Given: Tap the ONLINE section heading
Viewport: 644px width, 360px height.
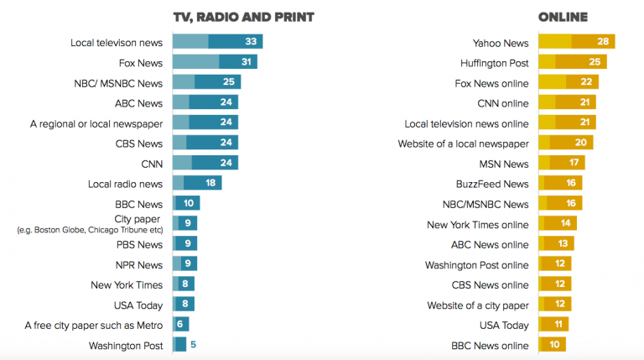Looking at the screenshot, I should point(563,17).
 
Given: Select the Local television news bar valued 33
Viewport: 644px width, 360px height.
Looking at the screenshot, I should point(218,41).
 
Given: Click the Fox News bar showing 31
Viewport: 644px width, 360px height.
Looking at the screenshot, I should point(215,62).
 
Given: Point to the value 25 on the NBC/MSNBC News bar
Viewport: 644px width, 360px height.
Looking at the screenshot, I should point(228,82).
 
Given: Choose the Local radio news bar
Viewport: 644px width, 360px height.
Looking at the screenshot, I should point(197,183).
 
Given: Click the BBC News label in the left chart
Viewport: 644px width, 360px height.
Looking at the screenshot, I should point(138,204).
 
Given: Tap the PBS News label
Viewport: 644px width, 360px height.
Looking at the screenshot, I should point(139,244).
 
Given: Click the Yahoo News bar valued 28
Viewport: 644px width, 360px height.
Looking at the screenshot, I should point(577,41).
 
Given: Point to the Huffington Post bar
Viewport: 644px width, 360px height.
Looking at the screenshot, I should point(572,62).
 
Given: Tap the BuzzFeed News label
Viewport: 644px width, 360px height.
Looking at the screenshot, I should point(492,184).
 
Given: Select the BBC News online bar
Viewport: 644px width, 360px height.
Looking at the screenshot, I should point(553,345).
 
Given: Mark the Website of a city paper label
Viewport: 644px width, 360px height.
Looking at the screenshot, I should point(478,305).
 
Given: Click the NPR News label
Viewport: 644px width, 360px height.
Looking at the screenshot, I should point(139,264).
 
